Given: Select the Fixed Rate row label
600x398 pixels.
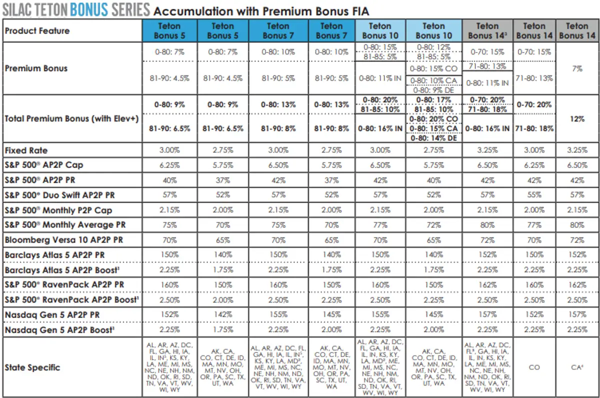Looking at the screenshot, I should point(26,150).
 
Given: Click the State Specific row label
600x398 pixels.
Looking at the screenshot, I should point(32,367).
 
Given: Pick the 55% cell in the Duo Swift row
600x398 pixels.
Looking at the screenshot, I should point(534,195).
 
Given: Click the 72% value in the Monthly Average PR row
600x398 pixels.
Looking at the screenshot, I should point(433,225).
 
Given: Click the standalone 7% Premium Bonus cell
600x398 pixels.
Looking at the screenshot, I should point(577,69).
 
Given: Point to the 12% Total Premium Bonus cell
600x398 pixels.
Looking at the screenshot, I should point(577,119).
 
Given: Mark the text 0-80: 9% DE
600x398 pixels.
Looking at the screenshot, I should point(433,90).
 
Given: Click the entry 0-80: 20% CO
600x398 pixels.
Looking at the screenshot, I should point(433,119).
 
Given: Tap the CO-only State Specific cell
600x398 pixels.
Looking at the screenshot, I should point(534,367).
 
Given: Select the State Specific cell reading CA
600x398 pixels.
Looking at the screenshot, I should point(577,367).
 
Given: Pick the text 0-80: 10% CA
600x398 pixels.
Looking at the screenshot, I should point(433,80).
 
